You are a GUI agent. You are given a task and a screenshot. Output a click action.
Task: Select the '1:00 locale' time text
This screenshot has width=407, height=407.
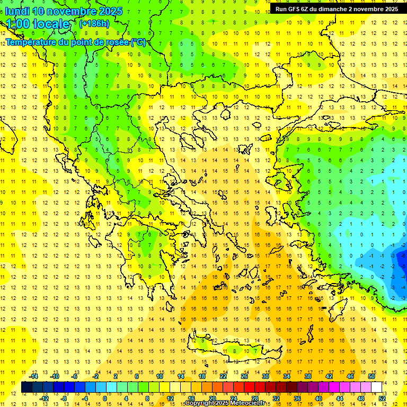click(x=37, y=24)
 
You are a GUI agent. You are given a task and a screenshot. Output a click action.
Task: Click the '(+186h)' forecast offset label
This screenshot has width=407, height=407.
click(x=94, y=24)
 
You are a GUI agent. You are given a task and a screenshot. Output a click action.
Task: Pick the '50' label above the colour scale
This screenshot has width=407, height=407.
click(x=371, y=376)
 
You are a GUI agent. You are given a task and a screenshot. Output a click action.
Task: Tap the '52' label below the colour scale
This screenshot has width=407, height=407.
click(x=382, y=399)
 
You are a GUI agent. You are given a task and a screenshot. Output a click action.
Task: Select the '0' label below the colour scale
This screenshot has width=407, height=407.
click(x=105, y=399)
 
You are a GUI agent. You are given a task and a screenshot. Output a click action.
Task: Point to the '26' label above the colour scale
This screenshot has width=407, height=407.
click(x=244, y=376)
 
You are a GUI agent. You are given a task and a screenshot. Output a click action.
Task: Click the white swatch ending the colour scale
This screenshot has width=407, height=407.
click(x=376, y=387)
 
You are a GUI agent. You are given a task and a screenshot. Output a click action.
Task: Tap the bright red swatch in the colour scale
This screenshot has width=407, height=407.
click(x=250, y=387)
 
